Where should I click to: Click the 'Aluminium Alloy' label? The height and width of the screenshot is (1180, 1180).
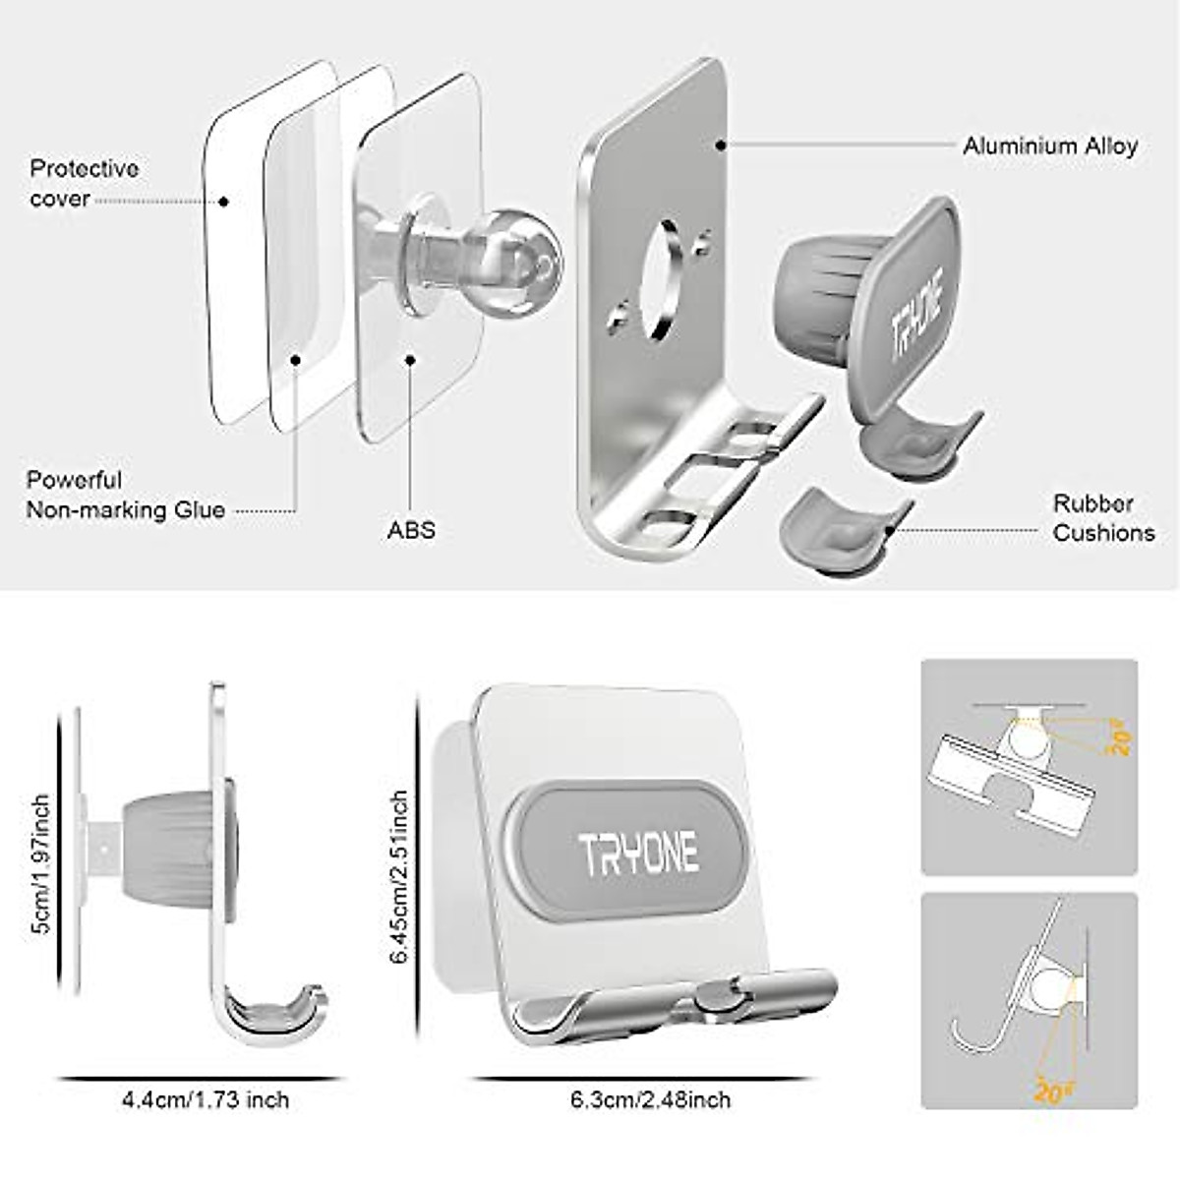pyautogui.click(x=1049, y=147)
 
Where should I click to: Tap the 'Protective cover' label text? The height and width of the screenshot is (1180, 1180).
pyautogui.click(x=84, y=183)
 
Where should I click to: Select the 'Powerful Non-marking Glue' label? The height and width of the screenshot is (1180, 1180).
pyautogui.click(x=125, y=495)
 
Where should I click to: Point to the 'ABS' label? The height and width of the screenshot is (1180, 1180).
pyautogui.click(x=411, y=530)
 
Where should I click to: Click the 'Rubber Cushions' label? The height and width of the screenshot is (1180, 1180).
pyautogui.click(x=1103, y=518)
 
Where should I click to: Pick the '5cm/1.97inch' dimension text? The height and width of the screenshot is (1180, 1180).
pyautogui.click(x=40, y=865)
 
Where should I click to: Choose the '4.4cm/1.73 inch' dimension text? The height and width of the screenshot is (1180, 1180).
pyautogui.click(x=206, y=1099)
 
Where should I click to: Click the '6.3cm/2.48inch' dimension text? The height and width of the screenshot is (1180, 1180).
pyautogui.click(x=650, y=1099)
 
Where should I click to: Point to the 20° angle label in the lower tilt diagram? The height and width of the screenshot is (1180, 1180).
pyautogui.click(x=1050, y=1090)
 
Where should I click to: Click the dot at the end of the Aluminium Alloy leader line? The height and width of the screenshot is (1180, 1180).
pyautogui.click(x=721, y=146)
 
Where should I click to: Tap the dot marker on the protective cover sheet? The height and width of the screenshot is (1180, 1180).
pyautogui.click(x=224, y=202)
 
